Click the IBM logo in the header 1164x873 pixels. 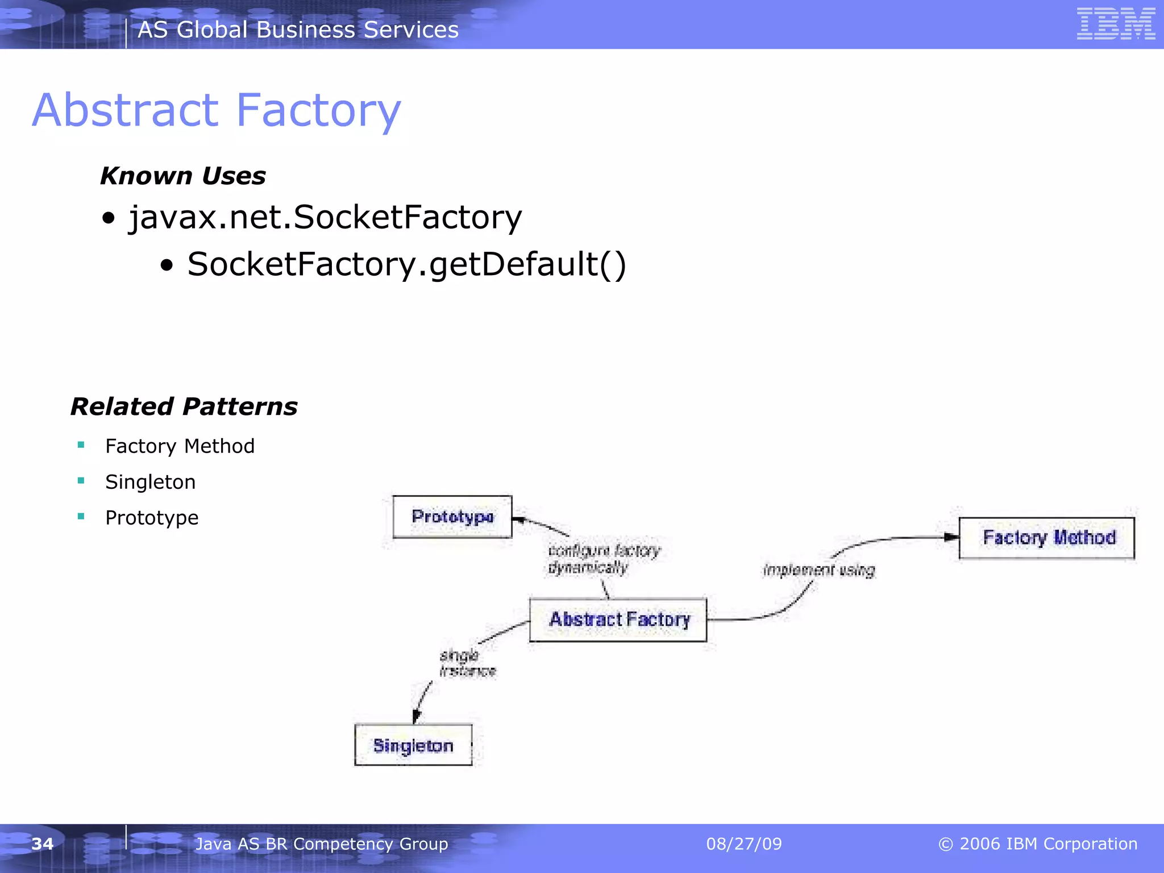coord(1116,24)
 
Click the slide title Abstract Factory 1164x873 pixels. coord(217,110)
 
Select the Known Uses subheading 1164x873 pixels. coord(183,176)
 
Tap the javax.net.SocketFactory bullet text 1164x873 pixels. coord(325,217)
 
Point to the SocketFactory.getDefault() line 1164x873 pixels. coord(406,264)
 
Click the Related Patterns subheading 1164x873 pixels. coord(184,407)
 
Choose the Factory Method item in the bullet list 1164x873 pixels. coord(180,446)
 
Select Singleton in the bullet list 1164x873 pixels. coord(150,482)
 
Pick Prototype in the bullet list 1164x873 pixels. coord(152,518)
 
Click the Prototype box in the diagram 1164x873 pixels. coord(452,517)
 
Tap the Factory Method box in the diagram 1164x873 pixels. coord(1046,538)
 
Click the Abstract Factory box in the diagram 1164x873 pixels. coord(618,620)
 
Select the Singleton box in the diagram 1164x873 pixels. coord(413,745)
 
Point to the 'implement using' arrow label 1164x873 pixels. coord(819,570)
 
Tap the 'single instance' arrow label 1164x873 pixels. coord(467,663)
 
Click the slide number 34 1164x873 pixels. coord(43,844)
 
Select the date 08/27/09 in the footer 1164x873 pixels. coord(743,844)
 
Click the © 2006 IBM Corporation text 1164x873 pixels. coord(1037,844)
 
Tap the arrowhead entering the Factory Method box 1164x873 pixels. coord(951,537)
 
